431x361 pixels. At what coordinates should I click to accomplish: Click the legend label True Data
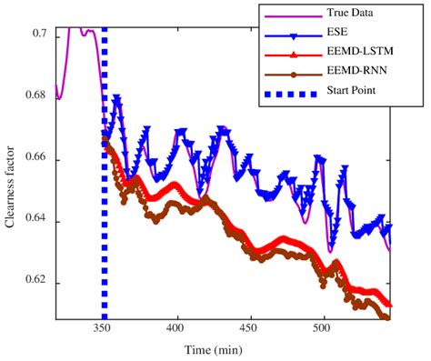tap(348, 13)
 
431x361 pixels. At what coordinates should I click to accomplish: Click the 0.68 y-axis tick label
tap(37, 97)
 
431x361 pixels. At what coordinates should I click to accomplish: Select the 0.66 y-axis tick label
tap(37, 160)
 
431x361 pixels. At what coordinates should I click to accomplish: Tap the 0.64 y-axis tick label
tap(37, 222)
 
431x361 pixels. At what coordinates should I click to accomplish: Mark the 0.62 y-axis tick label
tap(37, 284)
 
